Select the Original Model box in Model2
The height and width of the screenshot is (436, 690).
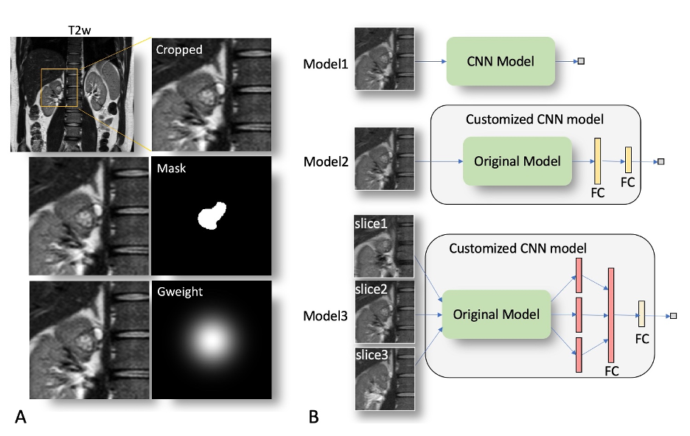[517, 161]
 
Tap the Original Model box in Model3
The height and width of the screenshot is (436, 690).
[495, 314]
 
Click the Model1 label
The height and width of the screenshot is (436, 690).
[325, 64]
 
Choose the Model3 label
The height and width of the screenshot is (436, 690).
[325, 317]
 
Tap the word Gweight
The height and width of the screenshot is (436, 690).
[181, 292]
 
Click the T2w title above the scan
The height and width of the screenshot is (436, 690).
[72, 29]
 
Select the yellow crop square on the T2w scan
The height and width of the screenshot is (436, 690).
[60, 88]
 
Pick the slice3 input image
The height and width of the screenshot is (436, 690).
[384, 378]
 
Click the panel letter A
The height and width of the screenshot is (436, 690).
[21, 418]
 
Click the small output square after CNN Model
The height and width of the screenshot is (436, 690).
[581, 61]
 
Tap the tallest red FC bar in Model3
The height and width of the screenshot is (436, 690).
[610, 314]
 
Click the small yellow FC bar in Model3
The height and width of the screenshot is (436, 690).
[641, 314]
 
